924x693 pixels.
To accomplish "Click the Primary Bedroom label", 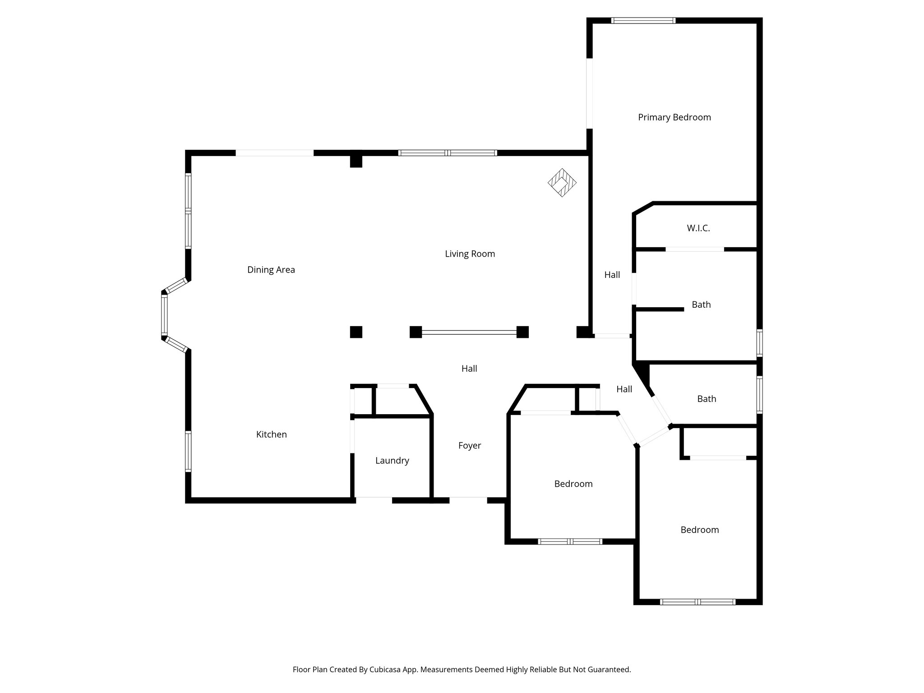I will click(674, 117).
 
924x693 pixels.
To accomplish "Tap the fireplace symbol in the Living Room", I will click(562, 183).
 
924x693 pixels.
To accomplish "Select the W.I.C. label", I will click(698, 228).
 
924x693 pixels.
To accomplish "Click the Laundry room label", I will click(392, 461).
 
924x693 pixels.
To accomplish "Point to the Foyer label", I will click(469, 446).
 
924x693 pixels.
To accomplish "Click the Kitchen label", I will click(271, 434).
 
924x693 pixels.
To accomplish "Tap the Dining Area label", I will click(271, 270).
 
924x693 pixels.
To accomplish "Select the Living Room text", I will click(470, 254).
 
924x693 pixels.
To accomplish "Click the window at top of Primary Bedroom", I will click(643, 20).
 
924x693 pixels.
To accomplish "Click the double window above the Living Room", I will click(448, 153).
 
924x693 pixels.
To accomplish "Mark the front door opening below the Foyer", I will click(468, 500).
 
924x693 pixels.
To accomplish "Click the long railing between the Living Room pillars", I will click(469, 333).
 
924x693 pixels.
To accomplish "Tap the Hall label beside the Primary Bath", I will click(612, 275).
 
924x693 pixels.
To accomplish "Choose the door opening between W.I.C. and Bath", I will click(695, 249).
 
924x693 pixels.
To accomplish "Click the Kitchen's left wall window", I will click(188, 451).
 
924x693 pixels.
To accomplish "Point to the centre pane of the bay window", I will click(164, 315).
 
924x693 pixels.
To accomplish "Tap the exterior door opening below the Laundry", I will click(374, 500).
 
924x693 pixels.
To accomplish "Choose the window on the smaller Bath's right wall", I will click(759, 395).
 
